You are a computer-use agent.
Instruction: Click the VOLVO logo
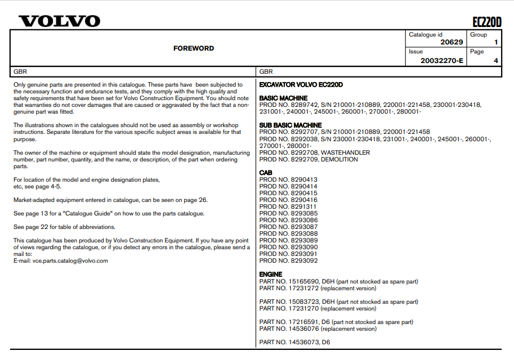point(60,21)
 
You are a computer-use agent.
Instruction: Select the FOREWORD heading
point(194,48)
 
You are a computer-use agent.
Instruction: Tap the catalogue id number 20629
point(452,42)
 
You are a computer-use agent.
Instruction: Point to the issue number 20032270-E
point(442,60)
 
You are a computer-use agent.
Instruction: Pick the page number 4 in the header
point(495,60)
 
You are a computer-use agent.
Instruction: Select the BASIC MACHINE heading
point(283,98)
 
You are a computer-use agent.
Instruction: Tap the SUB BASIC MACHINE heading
point(290,125)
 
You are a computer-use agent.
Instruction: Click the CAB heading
point(266,173)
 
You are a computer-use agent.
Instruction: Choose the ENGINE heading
point(271,274)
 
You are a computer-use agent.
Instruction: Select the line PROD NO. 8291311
point(288,206)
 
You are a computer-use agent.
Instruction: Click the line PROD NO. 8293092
point(288,260)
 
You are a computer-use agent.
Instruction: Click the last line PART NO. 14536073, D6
point(294,342)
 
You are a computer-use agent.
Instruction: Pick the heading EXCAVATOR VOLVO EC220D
point(301,85)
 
